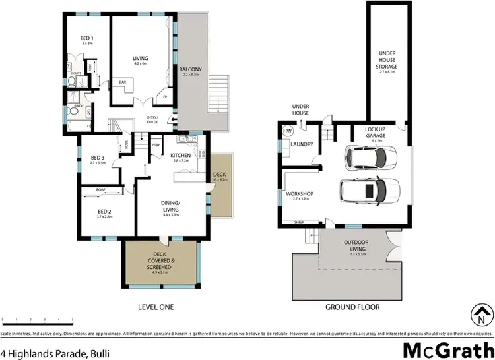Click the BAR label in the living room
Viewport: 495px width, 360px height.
click(123, 82)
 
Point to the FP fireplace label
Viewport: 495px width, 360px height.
click(166, 97)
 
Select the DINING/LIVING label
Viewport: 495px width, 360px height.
click(171, 207)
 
